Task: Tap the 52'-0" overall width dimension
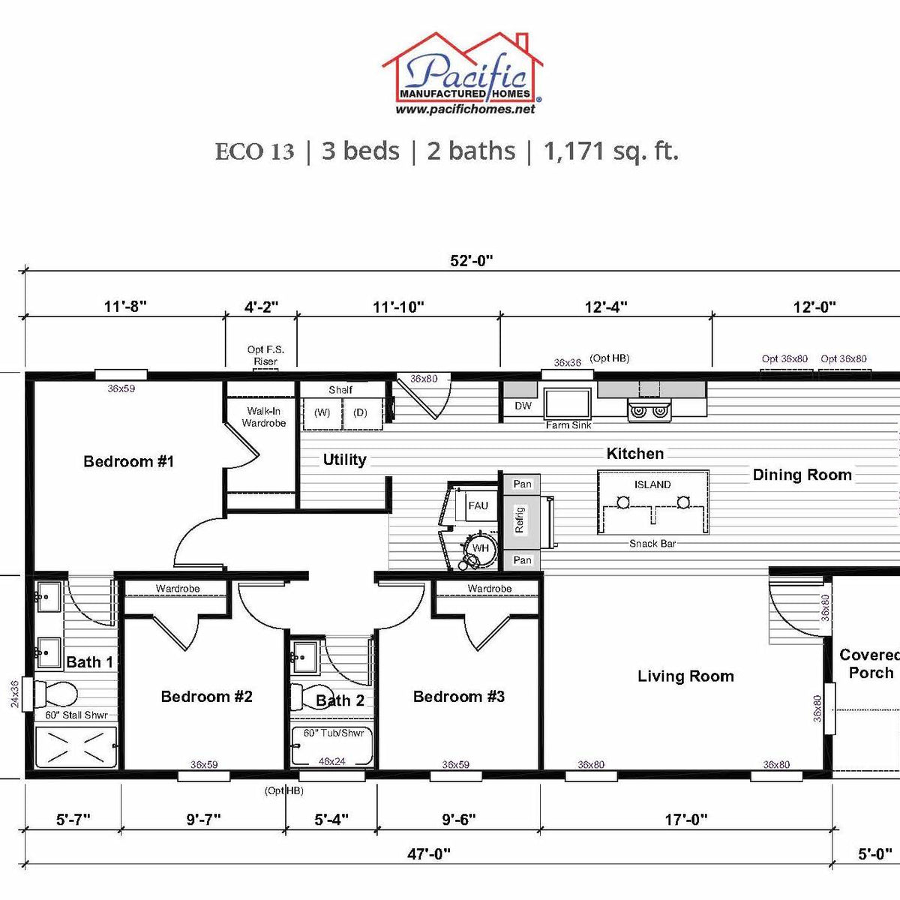[471, 261]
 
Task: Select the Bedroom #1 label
[128, 461]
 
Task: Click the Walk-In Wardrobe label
[263, 417]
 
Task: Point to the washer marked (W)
[322, 413]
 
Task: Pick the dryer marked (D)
[360, 413]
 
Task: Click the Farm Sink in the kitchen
[568, 405]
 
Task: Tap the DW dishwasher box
[523, 406]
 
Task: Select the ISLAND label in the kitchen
[652, 484]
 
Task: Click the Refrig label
[520, 520]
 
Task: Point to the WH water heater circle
[479, 548]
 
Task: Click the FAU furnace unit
[478, 505]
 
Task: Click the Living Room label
[685, 676]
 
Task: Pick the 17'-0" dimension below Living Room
[685, 820]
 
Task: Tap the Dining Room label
[802, 475]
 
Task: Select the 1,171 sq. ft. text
[610, 151]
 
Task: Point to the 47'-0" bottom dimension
[429, 853]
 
